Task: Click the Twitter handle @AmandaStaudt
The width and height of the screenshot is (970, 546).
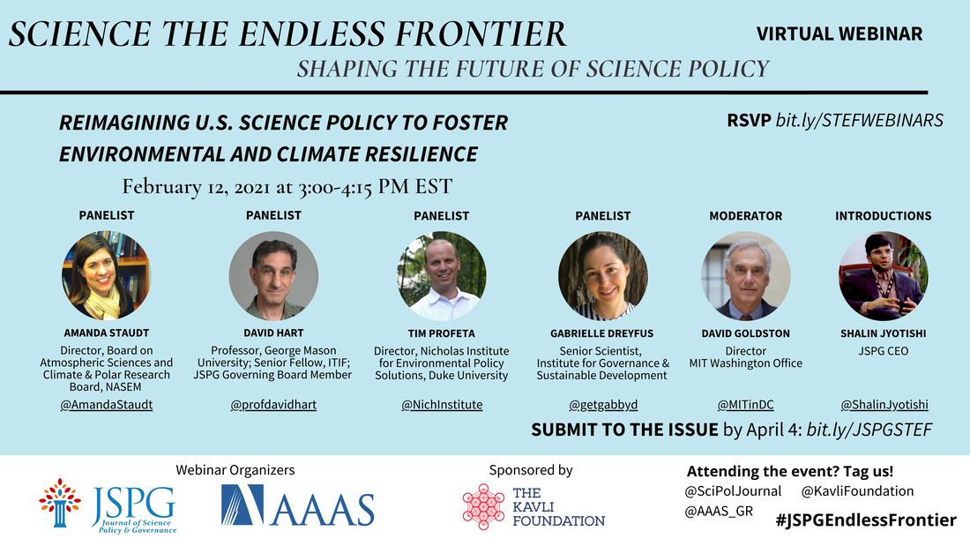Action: (x=107, y=405)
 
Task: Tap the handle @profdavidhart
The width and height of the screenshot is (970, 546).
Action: (x=273, y=405)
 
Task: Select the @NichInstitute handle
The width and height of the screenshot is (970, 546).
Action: (x=442, y=405)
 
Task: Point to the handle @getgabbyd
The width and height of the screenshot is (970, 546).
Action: (x=603, y=405)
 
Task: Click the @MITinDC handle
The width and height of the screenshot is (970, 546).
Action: (x=745, y=405)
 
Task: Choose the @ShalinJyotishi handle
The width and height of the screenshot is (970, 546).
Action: (x=884, y=405)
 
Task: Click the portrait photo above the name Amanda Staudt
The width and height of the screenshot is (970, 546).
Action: (x=107, y=275)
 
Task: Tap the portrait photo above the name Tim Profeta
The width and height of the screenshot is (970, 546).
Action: (x=442, y=275)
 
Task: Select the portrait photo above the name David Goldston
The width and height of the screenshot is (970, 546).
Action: (x=745, y=275)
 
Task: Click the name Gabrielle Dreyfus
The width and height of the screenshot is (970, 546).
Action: (x=602, y=333)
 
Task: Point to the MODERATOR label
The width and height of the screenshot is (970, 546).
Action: (x=745, y=216)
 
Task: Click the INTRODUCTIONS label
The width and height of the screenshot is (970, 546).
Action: (x=884, y=216)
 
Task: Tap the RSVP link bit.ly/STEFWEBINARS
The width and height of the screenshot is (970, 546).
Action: (x=859, y=120)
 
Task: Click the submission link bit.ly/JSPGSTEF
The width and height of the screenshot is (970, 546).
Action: (x=869, y=430)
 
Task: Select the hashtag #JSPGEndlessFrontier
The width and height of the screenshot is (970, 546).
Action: (x=866, y=520)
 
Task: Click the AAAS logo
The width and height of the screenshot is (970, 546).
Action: (x=297, y=505)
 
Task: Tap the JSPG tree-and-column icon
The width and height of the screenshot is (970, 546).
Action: (x=59, y=503)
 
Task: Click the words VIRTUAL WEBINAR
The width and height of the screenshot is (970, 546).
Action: (x=839, y=34)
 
